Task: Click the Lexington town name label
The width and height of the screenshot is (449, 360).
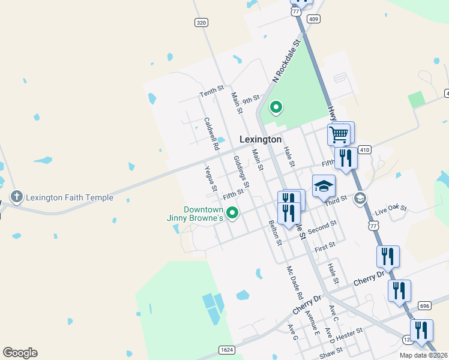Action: (261, 139)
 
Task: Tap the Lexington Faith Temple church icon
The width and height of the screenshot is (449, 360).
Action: (16, 196)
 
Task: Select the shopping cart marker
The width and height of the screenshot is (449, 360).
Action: (339, 134)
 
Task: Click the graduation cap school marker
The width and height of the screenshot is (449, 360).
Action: (324, 187)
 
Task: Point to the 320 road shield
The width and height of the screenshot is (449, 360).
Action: (202, 22)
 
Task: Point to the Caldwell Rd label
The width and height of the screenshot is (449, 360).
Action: (211, 133)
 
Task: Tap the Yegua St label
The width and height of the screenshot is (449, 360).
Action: (211, 179)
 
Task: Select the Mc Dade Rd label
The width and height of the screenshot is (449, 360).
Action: (295, 283)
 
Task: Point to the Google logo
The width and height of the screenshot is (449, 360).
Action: (20, 353)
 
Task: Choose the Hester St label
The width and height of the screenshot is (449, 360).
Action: (352, 332)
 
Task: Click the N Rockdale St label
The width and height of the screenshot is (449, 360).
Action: (286, 61)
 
